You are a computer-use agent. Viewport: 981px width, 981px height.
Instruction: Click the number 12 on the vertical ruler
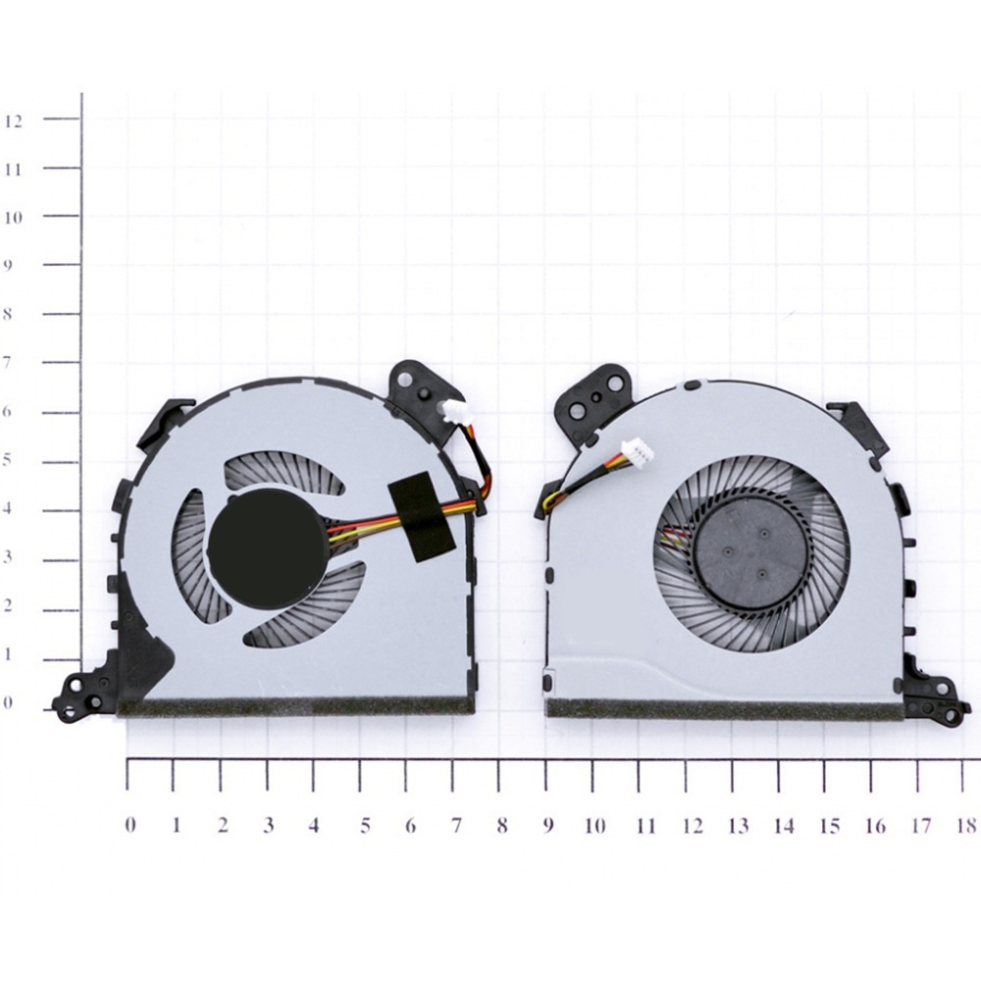pos(13,122)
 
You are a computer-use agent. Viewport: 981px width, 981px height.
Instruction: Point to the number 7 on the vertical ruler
pos(8,362)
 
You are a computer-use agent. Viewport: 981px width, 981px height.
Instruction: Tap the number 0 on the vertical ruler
pos(8,702)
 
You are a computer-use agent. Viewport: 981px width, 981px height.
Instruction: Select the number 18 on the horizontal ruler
pos(966,826)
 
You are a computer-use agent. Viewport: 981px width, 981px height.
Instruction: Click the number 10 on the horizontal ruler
pos(595,826)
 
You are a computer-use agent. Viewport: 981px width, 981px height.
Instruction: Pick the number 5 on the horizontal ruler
pos(365,826)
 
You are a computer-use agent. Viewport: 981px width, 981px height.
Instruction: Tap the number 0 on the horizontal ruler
pos(130,825)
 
